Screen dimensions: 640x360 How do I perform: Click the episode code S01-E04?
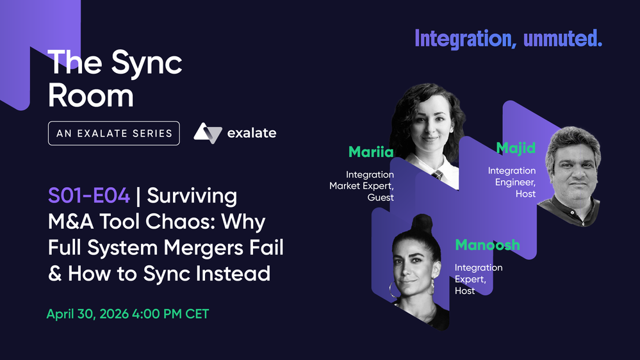click(89, 195)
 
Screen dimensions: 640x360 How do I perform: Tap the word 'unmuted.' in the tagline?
click(563, 38)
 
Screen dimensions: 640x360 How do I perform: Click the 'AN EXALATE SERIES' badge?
click(114, 133)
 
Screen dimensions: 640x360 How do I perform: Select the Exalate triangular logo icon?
click(208, 133)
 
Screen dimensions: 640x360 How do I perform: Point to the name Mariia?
click(371, 152)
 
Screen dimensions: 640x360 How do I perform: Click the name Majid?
click(516, 148)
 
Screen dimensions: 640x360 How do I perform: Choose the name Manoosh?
click(488, 245)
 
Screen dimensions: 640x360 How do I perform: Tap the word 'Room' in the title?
click(90, 96)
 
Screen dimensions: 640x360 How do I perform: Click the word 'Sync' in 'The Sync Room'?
click(147, 63)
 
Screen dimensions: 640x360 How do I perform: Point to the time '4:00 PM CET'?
click(170, 314)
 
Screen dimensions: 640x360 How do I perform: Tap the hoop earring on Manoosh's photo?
click(394, 290)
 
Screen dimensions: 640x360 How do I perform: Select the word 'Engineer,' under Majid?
click(515, 182)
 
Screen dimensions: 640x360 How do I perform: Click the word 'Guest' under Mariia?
click(381, 197)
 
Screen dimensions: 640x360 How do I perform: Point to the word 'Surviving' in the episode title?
click(192, 196)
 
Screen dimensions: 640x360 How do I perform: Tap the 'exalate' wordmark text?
click(252, 133)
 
